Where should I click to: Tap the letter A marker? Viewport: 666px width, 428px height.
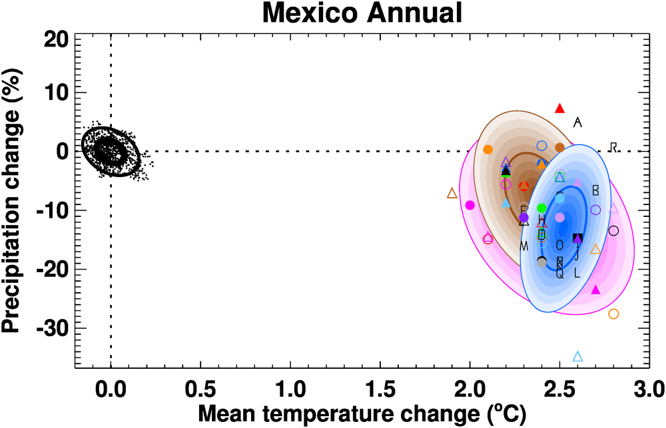[x=577, y=122]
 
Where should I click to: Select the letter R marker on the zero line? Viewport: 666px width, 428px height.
[x=614, y=146]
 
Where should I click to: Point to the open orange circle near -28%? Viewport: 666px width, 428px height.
[x=613, y=314]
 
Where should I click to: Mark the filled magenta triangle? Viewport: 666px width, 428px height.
[x=595, y=290]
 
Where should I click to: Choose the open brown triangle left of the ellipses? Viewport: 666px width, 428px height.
[x=452, y=194]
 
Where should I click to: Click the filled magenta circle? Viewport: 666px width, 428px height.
[x=470, y=205]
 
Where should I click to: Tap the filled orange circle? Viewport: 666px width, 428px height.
[x=488, y=150]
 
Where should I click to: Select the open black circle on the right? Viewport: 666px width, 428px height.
[x=613, y=231]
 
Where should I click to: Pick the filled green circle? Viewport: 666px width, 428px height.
[x=541, y=208]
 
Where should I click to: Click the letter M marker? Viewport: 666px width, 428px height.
[x=524, y=247]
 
